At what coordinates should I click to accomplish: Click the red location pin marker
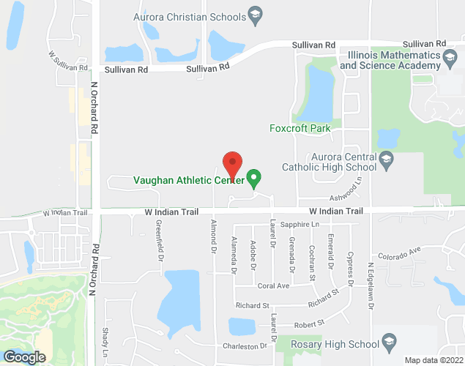click(x=232, y=162)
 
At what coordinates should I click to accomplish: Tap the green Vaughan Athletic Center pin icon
click(x=254, y=177)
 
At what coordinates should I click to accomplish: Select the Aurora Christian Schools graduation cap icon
click(x=255, y=15)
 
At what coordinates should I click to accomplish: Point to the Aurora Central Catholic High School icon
click(x=386, y=158)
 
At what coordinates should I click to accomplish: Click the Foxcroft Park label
click(x=300, y=129)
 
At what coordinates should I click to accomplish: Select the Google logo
click(x=23, y=357)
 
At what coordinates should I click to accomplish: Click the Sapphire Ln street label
click(x=301, y=224)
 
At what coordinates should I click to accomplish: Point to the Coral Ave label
click(x=272, y=285)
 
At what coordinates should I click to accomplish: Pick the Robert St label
click(x=309, y=323)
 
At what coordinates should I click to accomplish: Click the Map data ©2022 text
click(x=434, y=360)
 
